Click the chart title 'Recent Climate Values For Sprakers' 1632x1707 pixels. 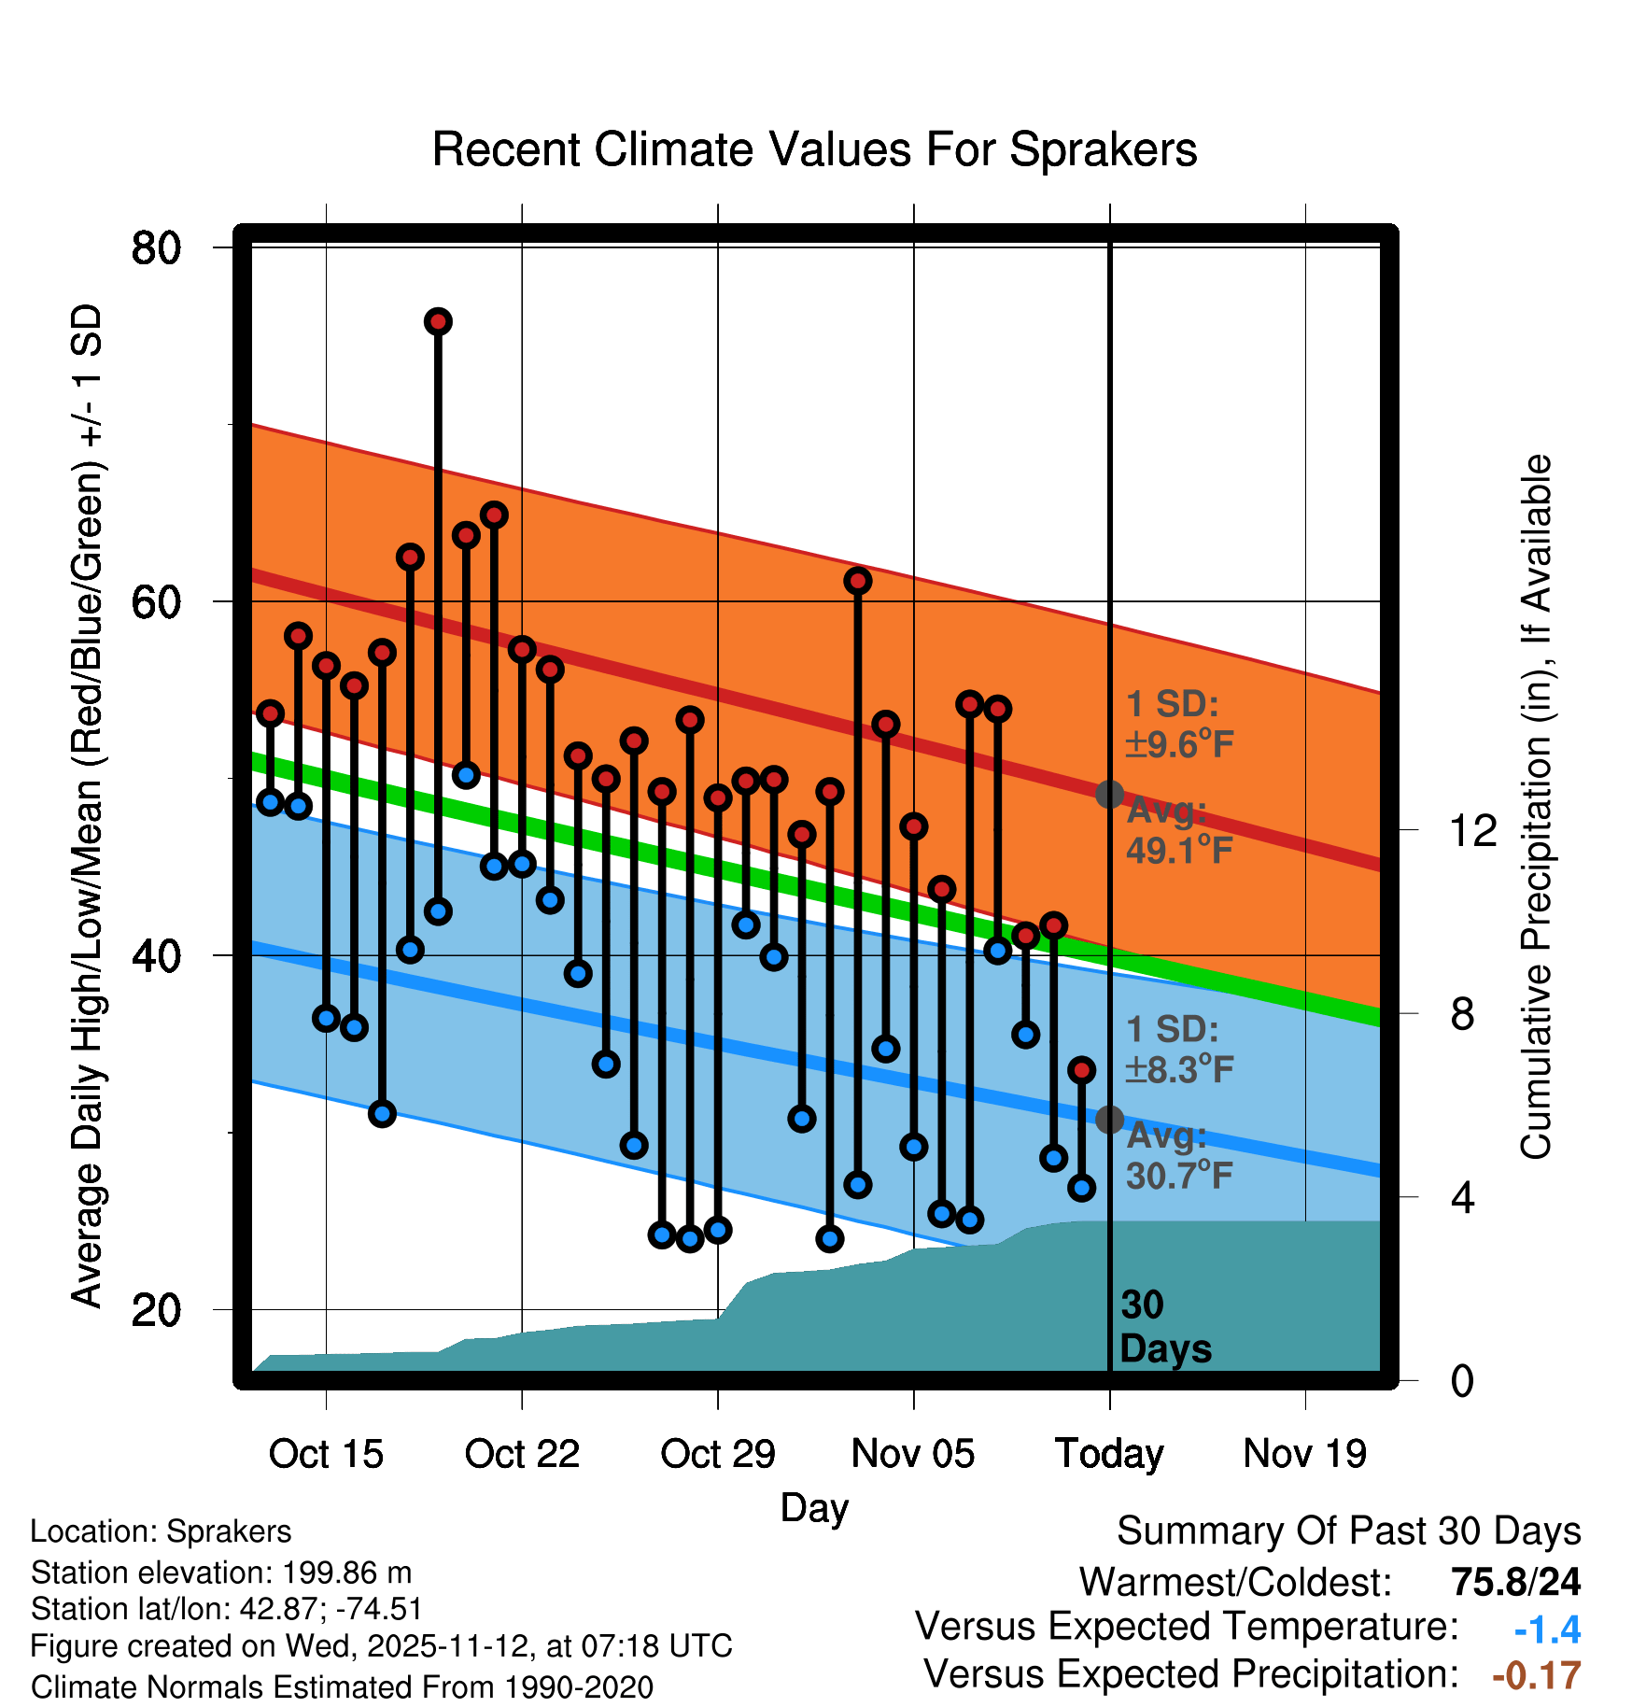click(814, 150)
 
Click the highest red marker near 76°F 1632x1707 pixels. click(438, 322)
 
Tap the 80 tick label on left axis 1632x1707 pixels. click(157, 248)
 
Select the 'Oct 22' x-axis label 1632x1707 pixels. click(522, 1454)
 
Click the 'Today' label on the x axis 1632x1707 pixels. click(1109, 1454)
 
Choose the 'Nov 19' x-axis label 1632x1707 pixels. click(1304, 1454)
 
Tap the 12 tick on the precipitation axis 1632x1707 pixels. click(1472, 830)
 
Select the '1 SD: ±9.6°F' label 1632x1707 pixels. click(1178, 725)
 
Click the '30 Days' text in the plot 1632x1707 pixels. click(1164, 1327)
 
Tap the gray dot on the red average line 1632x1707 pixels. click(1109, 795)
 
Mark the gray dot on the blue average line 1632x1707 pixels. click(1109, 1119)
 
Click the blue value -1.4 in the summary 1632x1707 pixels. click(1547, 1629)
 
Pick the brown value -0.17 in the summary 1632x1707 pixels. click(1536, 1675)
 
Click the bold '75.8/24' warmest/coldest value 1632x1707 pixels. click(1515, 1582)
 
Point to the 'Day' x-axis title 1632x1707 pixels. click(814, 1507)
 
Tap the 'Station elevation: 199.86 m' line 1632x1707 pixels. click(221, 1573)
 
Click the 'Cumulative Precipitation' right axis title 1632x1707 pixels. click(1536, 807)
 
